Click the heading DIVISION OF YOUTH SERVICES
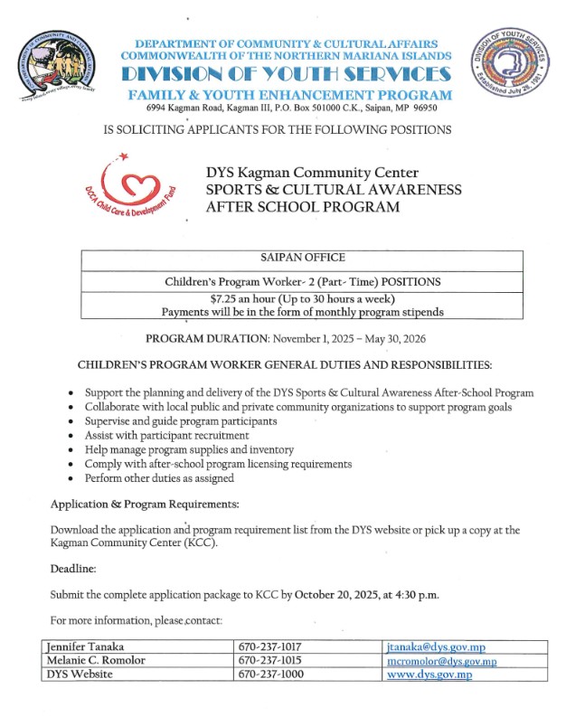point(287,74)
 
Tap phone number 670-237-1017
point(269,646)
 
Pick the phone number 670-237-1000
point(269,674)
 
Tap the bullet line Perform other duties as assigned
point(159,477)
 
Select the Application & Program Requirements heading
point(145,503)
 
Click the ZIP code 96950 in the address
point(421,107)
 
